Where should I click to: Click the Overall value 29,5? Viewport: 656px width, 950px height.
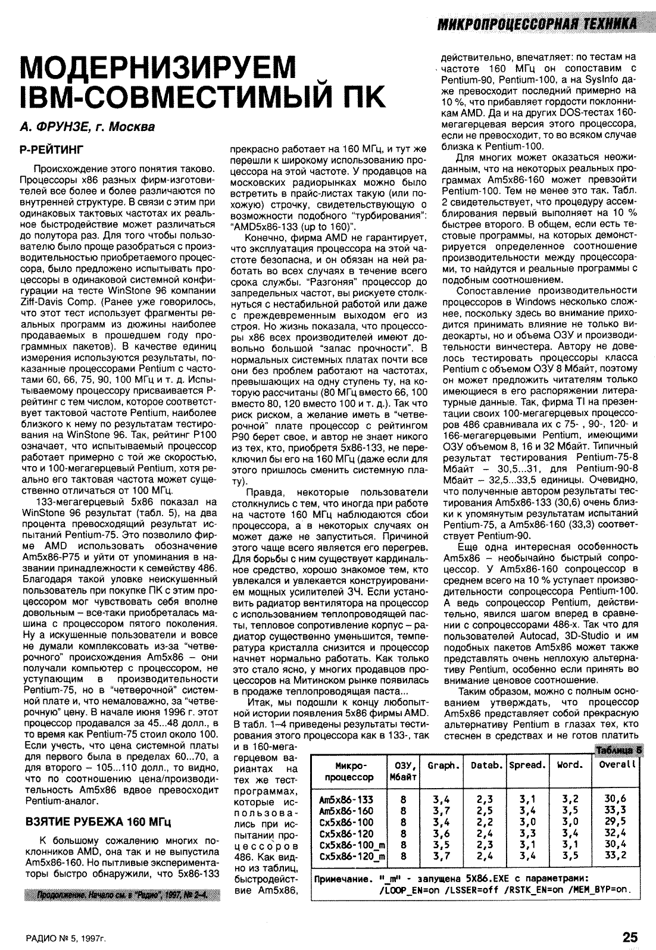(x=615, y=822)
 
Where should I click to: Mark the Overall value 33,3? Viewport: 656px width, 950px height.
(x=615, y=811)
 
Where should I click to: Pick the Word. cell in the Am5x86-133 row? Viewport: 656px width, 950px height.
(x=570, y=799)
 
